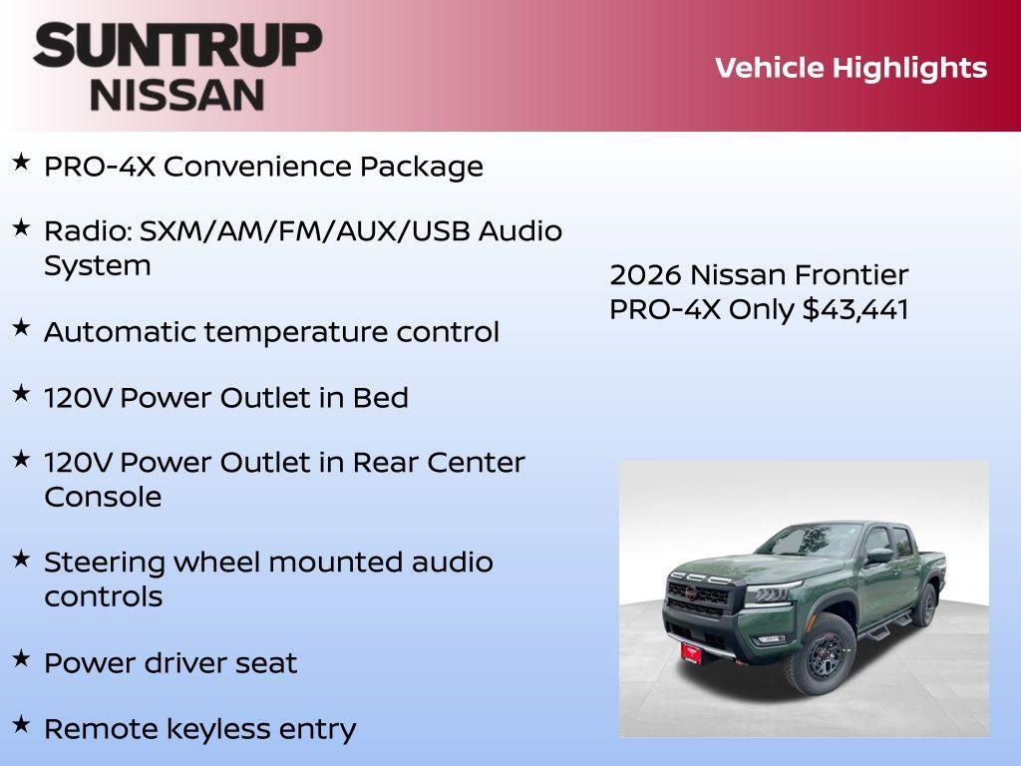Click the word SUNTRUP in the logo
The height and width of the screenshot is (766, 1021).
click(177, 46)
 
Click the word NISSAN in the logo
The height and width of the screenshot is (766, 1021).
click(177, 95)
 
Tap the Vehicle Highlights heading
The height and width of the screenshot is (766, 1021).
click(851, 68)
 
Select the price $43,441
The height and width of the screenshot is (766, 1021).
click(855, 309)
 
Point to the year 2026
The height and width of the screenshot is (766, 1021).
click(645, 275)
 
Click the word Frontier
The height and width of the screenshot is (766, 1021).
click(850, 275)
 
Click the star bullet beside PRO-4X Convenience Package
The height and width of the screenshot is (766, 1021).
click(21, 162)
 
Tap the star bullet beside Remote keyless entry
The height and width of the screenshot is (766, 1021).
click(21, 724)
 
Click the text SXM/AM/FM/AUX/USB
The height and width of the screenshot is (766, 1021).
click(305, 231)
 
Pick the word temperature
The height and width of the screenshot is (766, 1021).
click(322, 332)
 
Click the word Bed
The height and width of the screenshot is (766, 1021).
click(380, 398)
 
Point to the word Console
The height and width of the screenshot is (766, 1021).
click(103, 497)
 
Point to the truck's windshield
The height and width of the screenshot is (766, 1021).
click(799, 542)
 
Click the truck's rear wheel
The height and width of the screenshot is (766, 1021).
click(926, 604)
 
